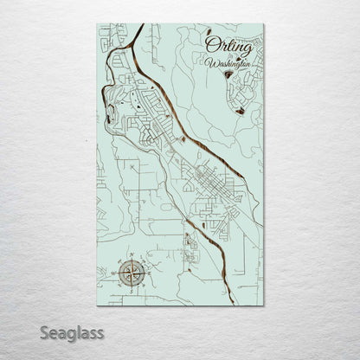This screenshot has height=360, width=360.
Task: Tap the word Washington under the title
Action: [230, 62]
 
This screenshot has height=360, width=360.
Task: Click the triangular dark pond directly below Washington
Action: [228, 75]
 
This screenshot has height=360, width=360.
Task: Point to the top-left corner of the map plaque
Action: [98, 24]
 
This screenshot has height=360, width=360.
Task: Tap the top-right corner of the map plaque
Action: [263, 24]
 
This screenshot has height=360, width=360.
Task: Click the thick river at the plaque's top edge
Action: [139, 27]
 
